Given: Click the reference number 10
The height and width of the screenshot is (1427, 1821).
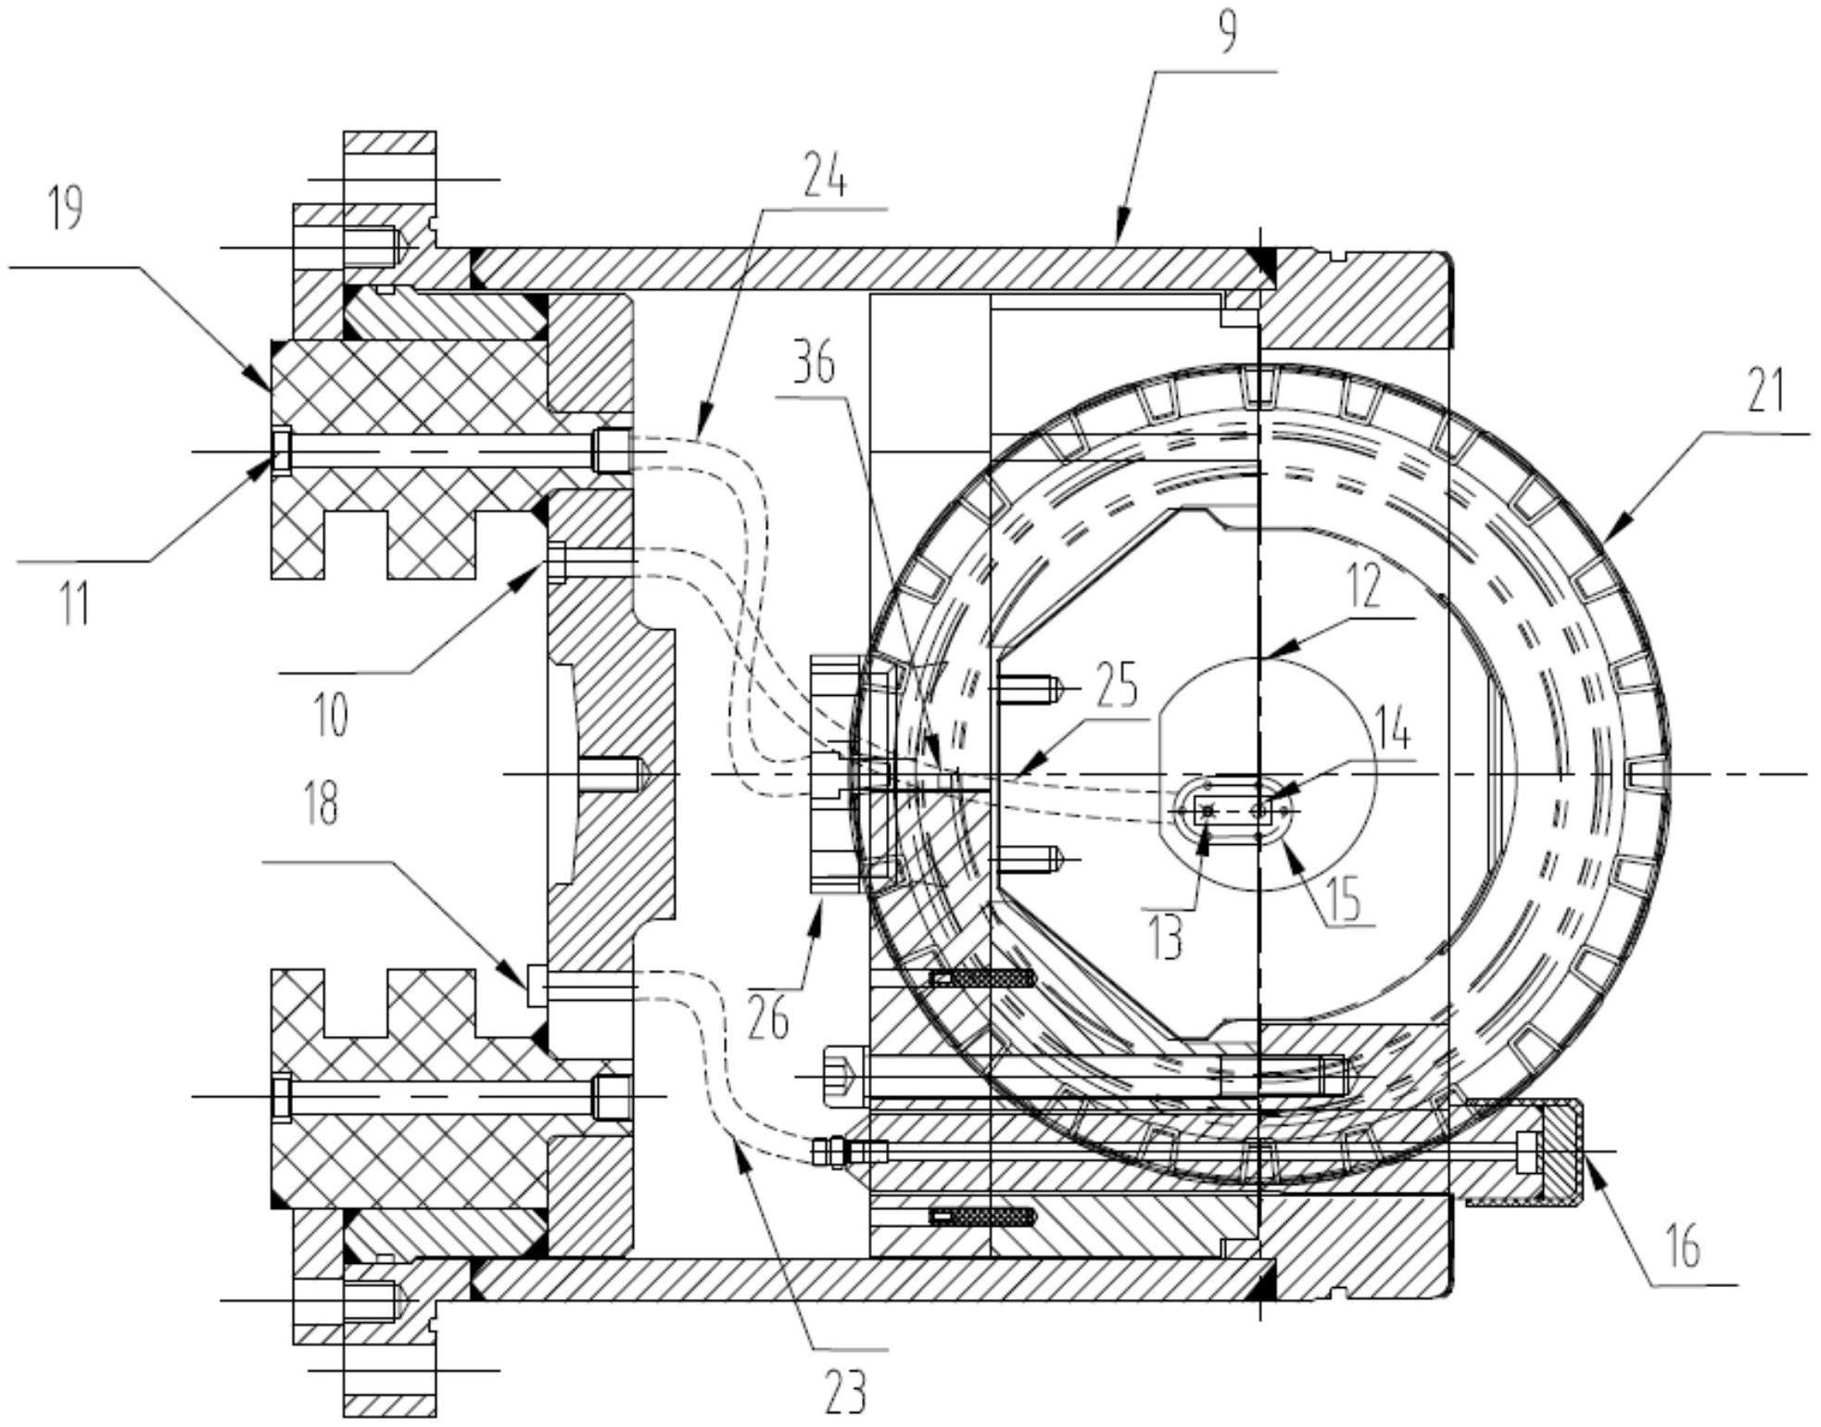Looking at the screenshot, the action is tap(330, 714).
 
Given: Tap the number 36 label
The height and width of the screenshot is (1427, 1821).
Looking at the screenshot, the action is tap(815, 363).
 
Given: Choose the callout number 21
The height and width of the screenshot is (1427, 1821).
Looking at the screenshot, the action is tap(1764, 392).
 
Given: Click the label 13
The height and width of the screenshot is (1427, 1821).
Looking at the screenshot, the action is tap(1165, 938).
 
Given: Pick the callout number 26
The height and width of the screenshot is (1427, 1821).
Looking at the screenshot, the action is tap(768, 1018).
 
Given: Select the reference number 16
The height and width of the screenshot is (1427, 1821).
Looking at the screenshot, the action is tap(1683, 1247).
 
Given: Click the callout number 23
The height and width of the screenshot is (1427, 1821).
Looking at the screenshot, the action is tap(844, 1391).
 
